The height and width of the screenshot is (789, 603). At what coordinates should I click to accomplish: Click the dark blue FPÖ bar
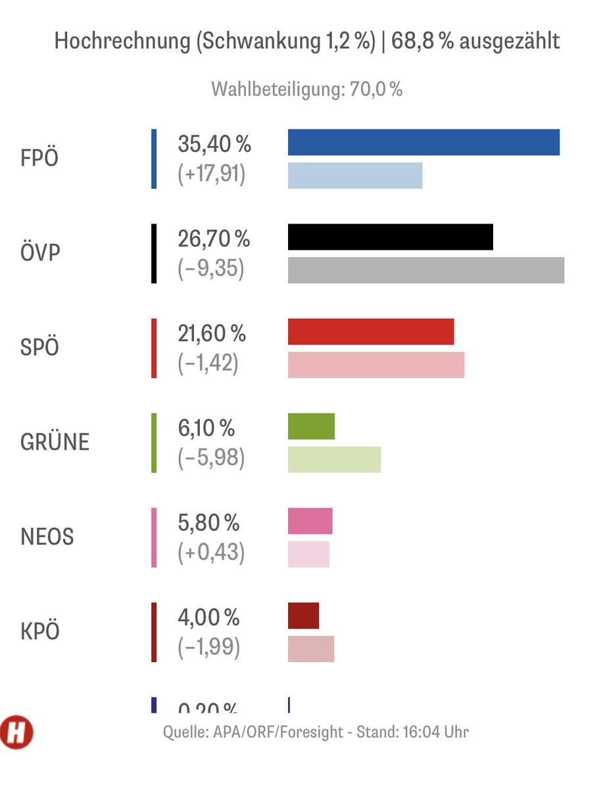click(x=423, y=143)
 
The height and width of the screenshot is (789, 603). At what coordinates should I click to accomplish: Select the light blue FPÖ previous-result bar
click(x=355, y=176)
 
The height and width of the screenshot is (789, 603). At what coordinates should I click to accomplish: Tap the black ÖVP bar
click(x=391, y=237)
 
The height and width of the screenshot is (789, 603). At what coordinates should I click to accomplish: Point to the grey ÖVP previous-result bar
click(x=426, y=270)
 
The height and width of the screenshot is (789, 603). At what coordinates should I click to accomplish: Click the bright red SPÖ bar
click(x=371, y=331)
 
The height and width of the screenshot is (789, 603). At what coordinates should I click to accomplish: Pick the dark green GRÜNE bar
click(x=311, y=426)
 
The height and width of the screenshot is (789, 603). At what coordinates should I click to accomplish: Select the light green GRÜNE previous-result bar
click(x=334, y=459)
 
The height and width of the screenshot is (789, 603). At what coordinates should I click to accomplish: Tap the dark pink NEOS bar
click(x=310, y=521)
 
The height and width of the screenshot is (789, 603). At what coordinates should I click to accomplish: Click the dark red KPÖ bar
click(x=303, y=615)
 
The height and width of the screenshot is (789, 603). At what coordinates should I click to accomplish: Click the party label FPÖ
click(x=39, y=159)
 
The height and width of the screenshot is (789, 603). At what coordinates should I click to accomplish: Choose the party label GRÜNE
click(x=55, y=442)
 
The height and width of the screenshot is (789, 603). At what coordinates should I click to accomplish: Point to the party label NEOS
click(x=47, y=537)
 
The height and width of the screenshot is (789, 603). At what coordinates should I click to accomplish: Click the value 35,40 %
click(x=214, y=144)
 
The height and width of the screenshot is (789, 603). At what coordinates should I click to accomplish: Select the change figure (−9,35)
click(x=210, y=269)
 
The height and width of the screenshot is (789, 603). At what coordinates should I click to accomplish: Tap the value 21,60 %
click(x=212, y=333)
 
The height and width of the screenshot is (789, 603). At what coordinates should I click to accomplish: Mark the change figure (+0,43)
click(x=211, y=553)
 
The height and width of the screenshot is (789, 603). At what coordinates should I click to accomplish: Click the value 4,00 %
click(x=208, y=617)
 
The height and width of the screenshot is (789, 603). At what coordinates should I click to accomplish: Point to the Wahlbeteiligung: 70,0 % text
click(x=306, y=89)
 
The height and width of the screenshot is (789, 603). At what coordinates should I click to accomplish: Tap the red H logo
click(x=17, y=732)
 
